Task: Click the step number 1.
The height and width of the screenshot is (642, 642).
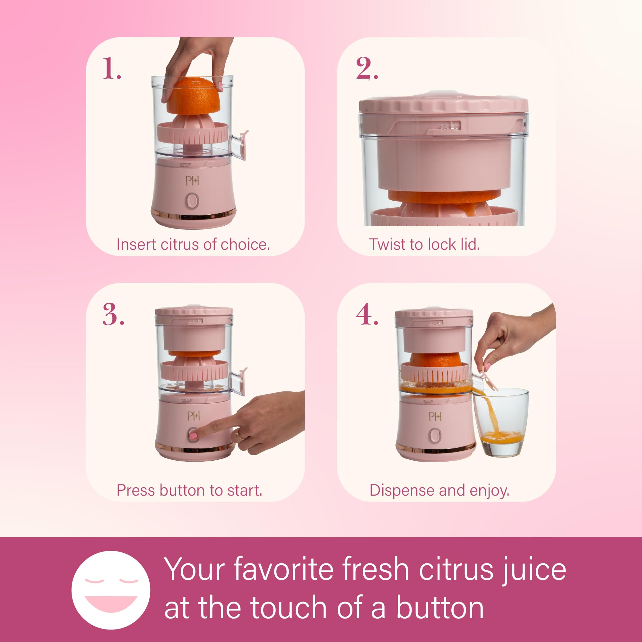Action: click(112, 68)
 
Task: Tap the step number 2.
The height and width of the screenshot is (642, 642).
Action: click(367, 68)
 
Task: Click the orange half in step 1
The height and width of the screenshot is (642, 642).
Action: click(193, 95)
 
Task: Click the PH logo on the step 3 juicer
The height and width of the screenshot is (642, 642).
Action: click(193, 416)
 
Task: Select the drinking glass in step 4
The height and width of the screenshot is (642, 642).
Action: click(500, 422)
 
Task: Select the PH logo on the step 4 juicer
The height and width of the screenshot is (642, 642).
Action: click(435, 416)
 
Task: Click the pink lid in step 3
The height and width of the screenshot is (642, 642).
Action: click(194, 311)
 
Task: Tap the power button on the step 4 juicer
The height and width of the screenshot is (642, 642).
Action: click(435, 436)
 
